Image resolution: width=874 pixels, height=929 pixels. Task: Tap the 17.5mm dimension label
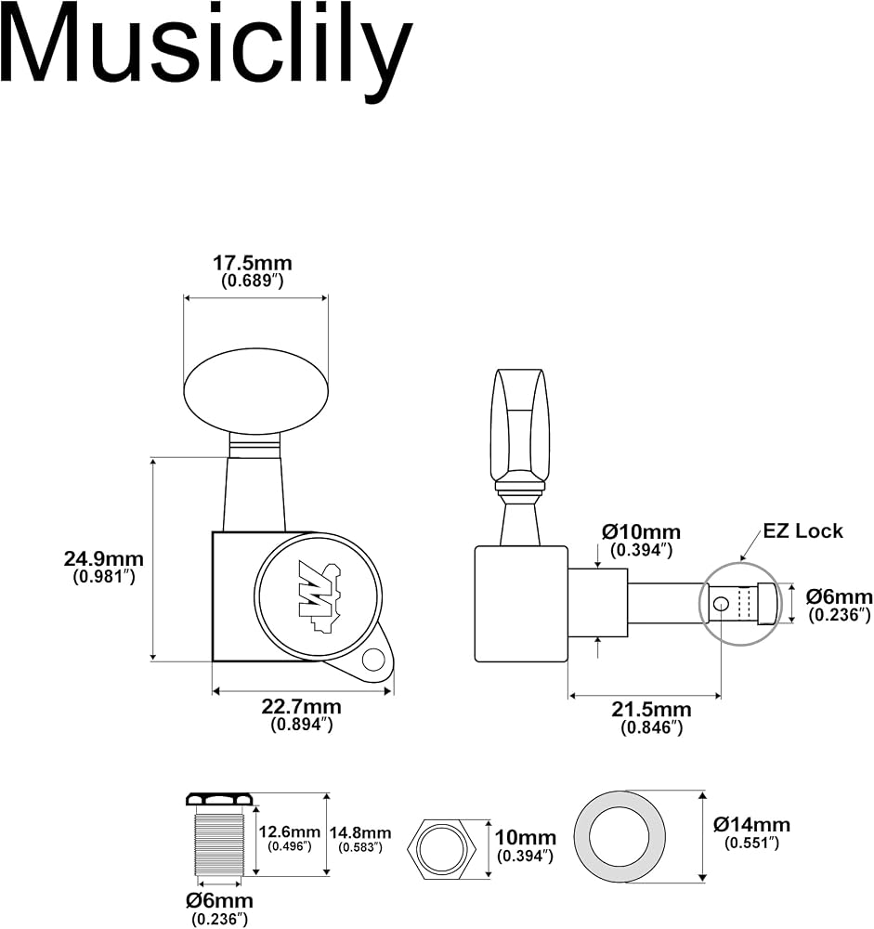pyautogui.click(x=253, y=263)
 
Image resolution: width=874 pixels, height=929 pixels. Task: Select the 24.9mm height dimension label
pyautogui.click(x=104, y=558)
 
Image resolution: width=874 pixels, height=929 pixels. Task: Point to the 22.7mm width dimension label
pyautogui.click(x=302, y=707)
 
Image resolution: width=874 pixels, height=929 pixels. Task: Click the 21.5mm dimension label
pyautogui.click(x=652, y=710)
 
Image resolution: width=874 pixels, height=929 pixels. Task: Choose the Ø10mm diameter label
pyautogui.click(x=641, y=532)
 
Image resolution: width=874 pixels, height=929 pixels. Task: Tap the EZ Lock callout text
pyautogui.click(x=802, y=530)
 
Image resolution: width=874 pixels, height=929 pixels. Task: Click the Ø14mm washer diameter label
pyautogui.click(x=751, y=824)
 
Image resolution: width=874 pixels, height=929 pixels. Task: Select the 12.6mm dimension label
pyautogui.click(x=289, y=831)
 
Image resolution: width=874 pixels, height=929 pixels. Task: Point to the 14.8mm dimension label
pyautogui.click(x=360, y=832)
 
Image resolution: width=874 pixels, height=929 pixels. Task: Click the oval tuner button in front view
pyautogui.click(x=256, y=390)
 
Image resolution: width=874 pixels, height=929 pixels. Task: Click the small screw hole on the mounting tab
pyautogui.click(x=374, y=660)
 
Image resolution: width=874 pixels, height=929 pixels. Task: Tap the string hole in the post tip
pyautogui.click(x=721, y=604)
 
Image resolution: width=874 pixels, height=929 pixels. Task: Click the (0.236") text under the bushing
pyautogui.click(x=219, y=919)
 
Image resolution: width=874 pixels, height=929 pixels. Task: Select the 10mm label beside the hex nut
pyautogui.click(x=526, y=838)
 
